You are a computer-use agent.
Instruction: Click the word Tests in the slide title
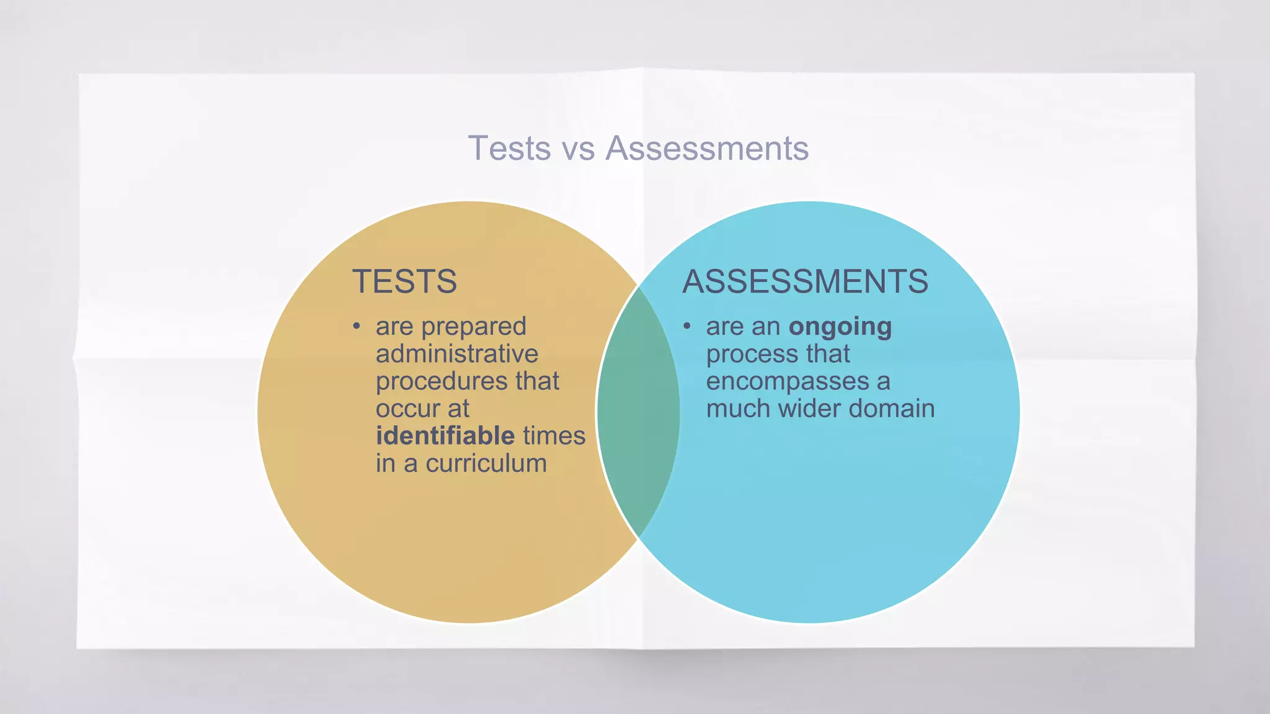coord(509,149)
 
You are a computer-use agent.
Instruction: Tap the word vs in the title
coord(578,149)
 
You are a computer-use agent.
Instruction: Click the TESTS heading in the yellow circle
coord(404,281)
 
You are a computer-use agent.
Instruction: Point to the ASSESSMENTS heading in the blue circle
coord(805,281)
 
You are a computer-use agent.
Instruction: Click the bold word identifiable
coord(445,436)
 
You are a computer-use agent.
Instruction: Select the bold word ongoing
coord(840,327)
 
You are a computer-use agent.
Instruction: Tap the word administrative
coord(457,354)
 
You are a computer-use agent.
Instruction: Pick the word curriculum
coord(486,464)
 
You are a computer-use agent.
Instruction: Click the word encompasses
coord(788,382)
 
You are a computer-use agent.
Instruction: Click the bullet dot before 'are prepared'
coord(356,326)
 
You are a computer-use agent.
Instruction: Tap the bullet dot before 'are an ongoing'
coord(686,326)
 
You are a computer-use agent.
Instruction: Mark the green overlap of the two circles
coord(638,412)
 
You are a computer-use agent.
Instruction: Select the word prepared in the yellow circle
coord(474,327)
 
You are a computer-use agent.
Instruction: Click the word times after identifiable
coord(554,436)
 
